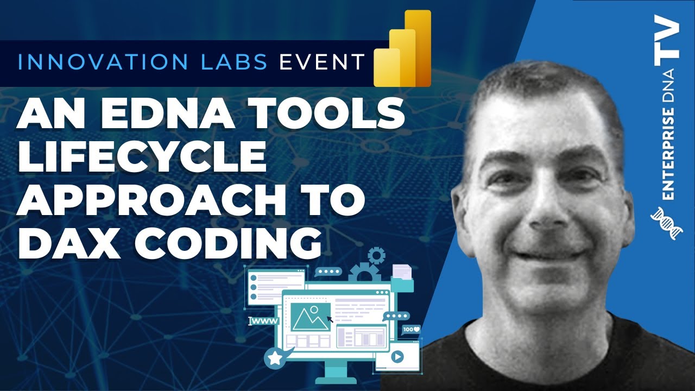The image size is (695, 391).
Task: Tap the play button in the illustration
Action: pyautogui.click(x=397, y=357)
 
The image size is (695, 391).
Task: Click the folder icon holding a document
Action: pyautogui.click(x=402, y=276)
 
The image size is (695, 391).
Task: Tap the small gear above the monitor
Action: pyautogui.click(x=376, y=255)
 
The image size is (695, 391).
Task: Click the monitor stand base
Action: pyautogui.click(x=335, y=377)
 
